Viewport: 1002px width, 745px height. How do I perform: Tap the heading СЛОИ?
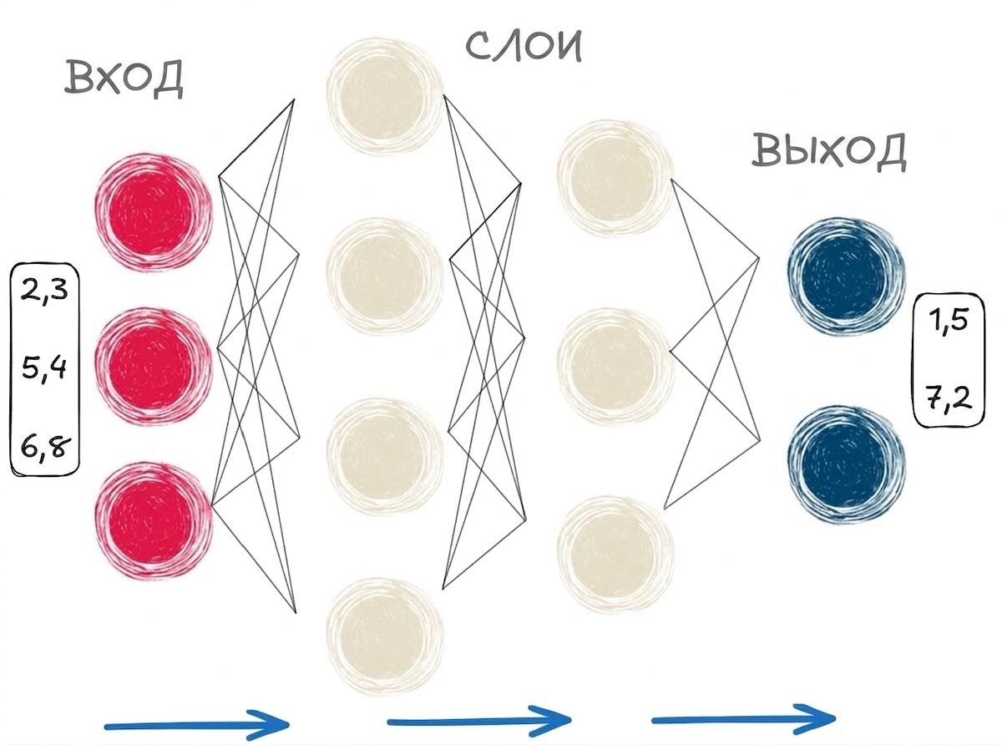tap(524, 46)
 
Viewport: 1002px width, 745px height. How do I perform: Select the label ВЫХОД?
tap(829, 151)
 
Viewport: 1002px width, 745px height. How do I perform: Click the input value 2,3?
tap(45, 290)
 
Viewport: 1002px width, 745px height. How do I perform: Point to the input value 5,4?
tap(44, 368)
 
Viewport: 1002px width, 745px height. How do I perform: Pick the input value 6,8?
tap(45, 449)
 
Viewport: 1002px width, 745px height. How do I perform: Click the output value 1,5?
tap(949, 322)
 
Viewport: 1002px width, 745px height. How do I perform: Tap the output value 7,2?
tap(949, 398)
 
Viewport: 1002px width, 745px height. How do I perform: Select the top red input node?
tap(153, 212)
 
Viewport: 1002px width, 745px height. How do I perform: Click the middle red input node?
tap(153, 367)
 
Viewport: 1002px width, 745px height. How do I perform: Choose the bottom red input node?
tap(153, 519)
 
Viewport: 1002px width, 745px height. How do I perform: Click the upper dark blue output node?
tap(847, 276)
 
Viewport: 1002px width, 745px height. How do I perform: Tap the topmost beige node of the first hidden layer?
tap(385, 96)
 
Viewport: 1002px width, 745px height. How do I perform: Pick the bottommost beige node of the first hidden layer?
tap(385, 636)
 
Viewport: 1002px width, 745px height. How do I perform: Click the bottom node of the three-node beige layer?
tap(616, 555)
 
